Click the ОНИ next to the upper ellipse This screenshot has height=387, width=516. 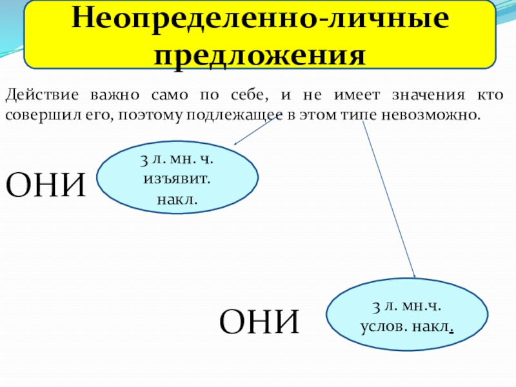coord(46,185)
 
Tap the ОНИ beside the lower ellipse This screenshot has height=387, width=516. coord(260,321)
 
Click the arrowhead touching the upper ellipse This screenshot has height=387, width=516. coord(236,145)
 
